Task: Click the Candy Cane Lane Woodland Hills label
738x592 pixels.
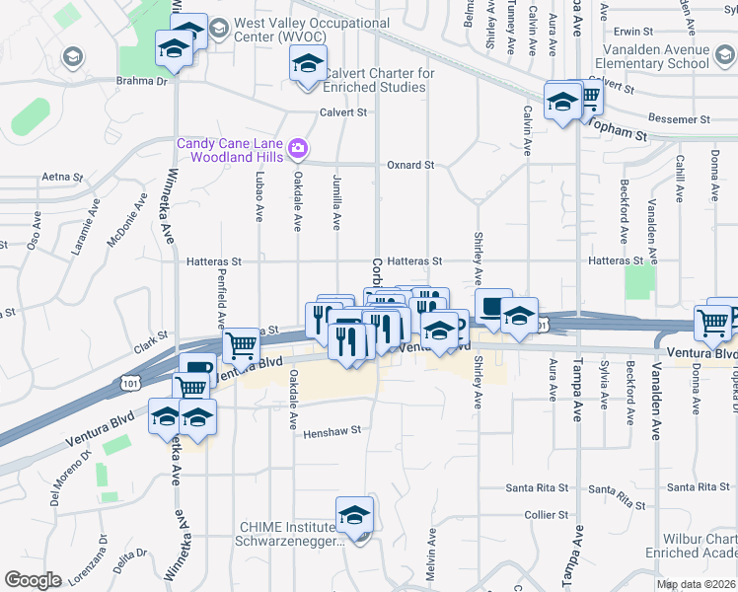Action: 228,150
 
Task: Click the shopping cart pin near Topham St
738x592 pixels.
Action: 588,97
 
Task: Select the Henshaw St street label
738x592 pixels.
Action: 332,431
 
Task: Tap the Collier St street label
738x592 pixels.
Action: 547,514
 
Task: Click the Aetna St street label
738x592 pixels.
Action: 61,177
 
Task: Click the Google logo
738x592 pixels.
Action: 34,579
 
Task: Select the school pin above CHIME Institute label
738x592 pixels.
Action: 354,516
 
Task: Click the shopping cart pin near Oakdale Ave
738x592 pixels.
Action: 241,345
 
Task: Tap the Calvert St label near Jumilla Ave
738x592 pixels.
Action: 342,112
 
